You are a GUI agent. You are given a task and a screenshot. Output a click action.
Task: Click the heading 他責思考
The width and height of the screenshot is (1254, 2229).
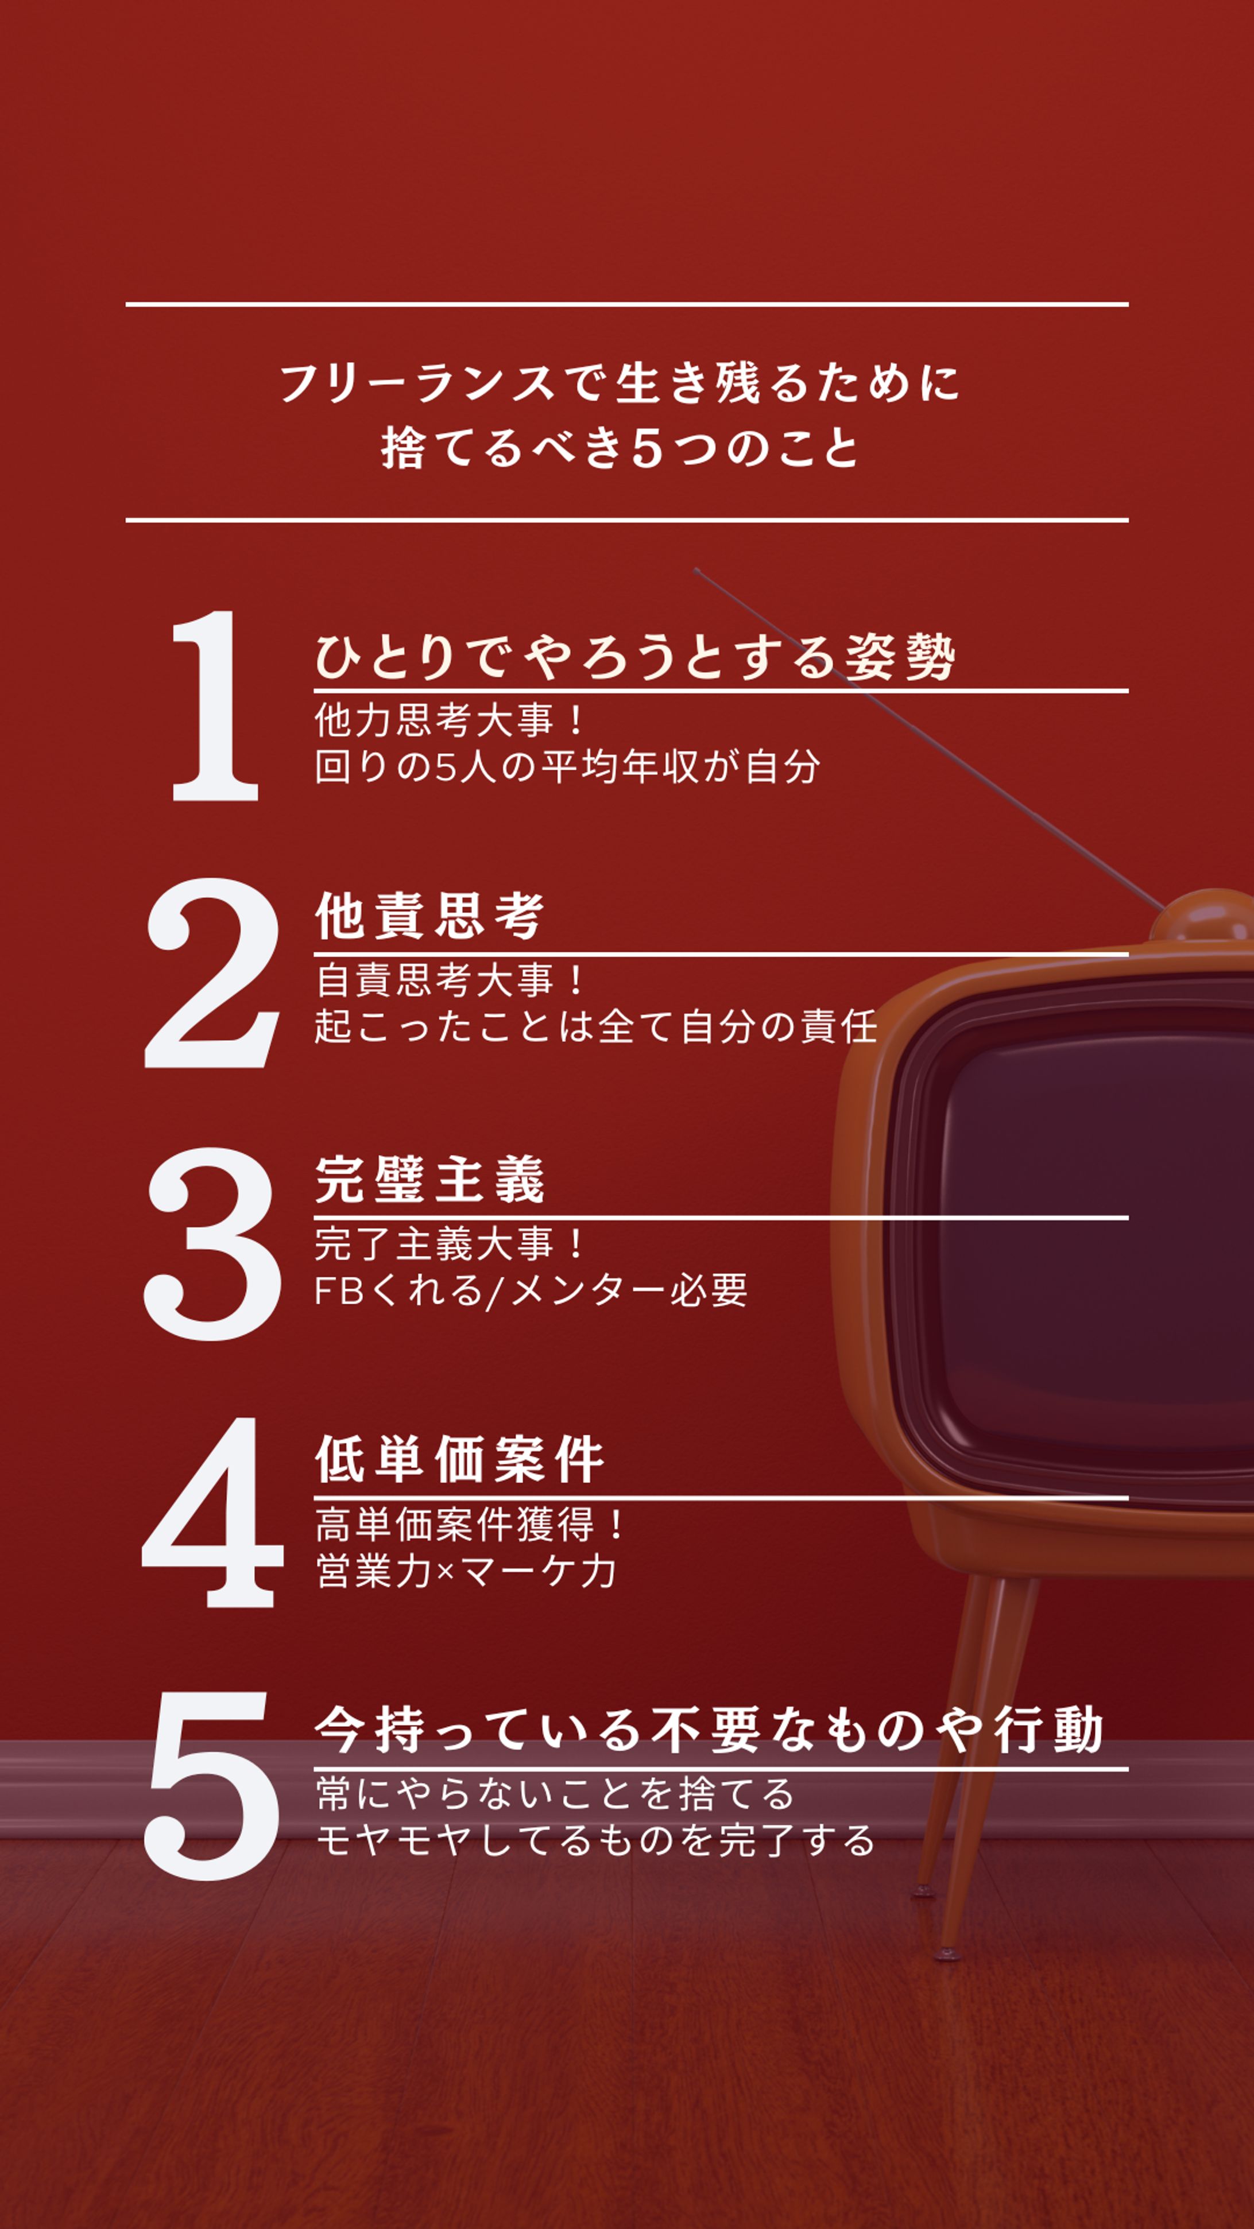coord(429,916)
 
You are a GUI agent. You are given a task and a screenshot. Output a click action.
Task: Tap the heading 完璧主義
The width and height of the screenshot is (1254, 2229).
coord(429,1180)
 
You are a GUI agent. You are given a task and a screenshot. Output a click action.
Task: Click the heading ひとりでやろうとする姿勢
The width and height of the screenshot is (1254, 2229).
coord(634,658)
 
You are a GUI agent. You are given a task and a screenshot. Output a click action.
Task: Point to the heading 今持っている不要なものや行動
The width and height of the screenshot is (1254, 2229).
coord(708,1731)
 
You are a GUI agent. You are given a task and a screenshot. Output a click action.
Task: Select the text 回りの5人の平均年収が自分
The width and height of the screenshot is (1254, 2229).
coord(567,767)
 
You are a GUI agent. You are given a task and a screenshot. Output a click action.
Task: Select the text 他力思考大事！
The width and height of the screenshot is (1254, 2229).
coord(450,720)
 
